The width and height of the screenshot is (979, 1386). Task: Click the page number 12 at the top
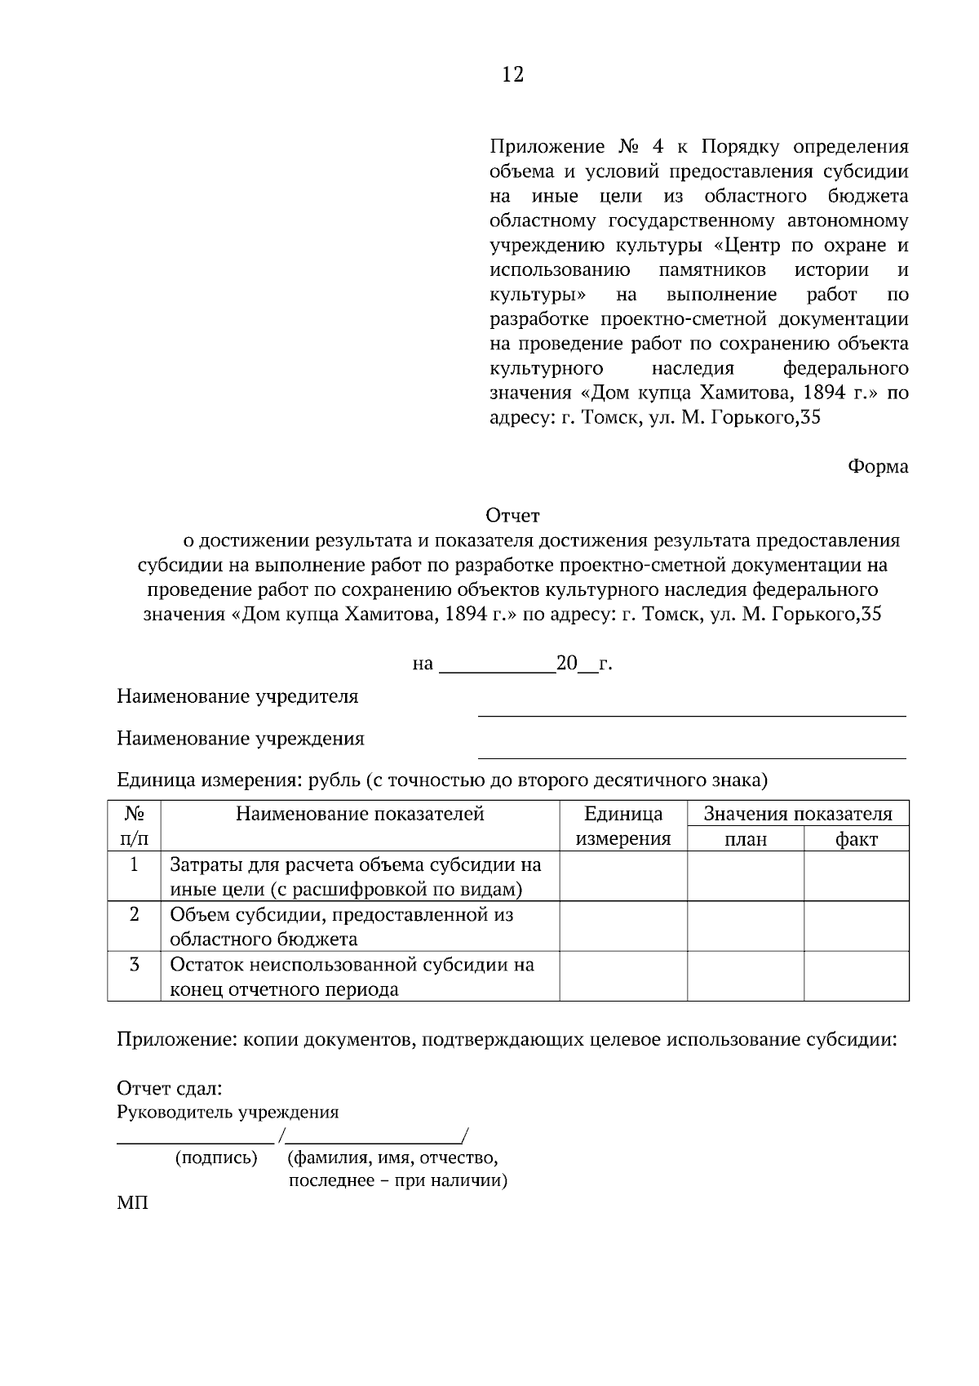[x=512, y=75]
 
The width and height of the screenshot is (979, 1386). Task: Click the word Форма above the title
[x=878, y=467]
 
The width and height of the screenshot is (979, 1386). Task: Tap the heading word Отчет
[x=512, y=516]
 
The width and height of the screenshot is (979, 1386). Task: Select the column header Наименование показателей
[x=360, y=814]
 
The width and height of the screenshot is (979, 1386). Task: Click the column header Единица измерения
[x=623, y=826]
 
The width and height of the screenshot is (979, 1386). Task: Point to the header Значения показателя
[x=797, y=814]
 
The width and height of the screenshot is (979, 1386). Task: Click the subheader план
[x=746, y=839]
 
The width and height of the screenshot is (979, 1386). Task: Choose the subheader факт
[x=856, y=839]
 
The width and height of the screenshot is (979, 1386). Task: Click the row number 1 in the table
[x=134, y=864]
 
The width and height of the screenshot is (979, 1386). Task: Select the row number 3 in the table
[x=134, y=964]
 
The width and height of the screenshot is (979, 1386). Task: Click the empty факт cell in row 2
[x=856, y=926]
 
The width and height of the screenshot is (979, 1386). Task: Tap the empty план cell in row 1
[x=746, y=876]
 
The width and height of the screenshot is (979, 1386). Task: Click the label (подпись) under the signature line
[x=216, y=1157]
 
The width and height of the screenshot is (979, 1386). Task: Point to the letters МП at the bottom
[x=132, y=1203]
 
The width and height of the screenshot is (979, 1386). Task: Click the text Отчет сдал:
[x=170, y=1088]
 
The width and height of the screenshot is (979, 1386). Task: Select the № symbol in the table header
[x=134, y=814]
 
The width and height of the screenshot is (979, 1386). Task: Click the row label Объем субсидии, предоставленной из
[x=341, y=914]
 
